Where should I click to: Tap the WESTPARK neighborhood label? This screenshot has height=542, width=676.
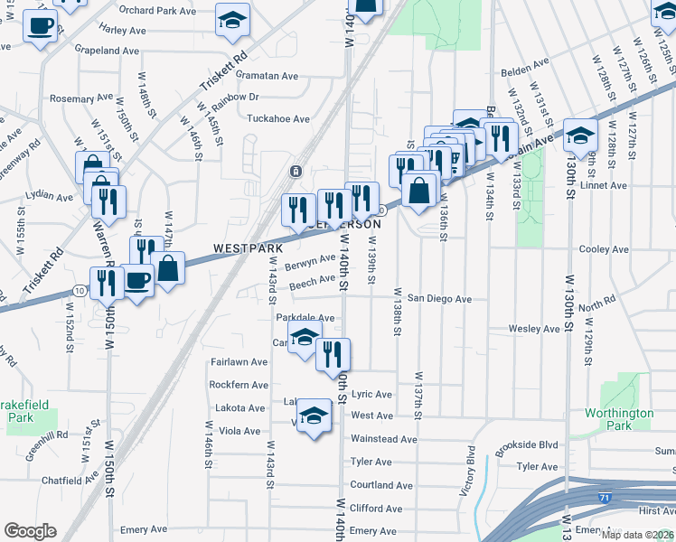[x=248, y=248]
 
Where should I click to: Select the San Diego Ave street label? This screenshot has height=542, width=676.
[x=439, y=298]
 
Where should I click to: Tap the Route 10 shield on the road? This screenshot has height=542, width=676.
[x=80, y=290]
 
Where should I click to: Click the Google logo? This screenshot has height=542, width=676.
[x=29, y=530]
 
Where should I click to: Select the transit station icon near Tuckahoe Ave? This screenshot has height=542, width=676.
[x=295, y=172]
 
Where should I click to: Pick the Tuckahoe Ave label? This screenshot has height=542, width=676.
[x=278, y=118]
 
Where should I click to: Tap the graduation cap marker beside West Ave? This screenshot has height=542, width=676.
[x=314, y=416]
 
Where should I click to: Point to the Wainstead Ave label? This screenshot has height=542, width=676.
[x=383, y=439]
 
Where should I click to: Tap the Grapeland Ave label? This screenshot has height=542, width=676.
[x=108, y=51]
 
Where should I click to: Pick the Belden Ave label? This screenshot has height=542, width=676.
[x=528, y=64]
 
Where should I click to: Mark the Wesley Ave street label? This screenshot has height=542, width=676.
[x=530, y=329]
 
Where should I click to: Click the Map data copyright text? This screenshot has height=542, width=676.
[x=636, y=534]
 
